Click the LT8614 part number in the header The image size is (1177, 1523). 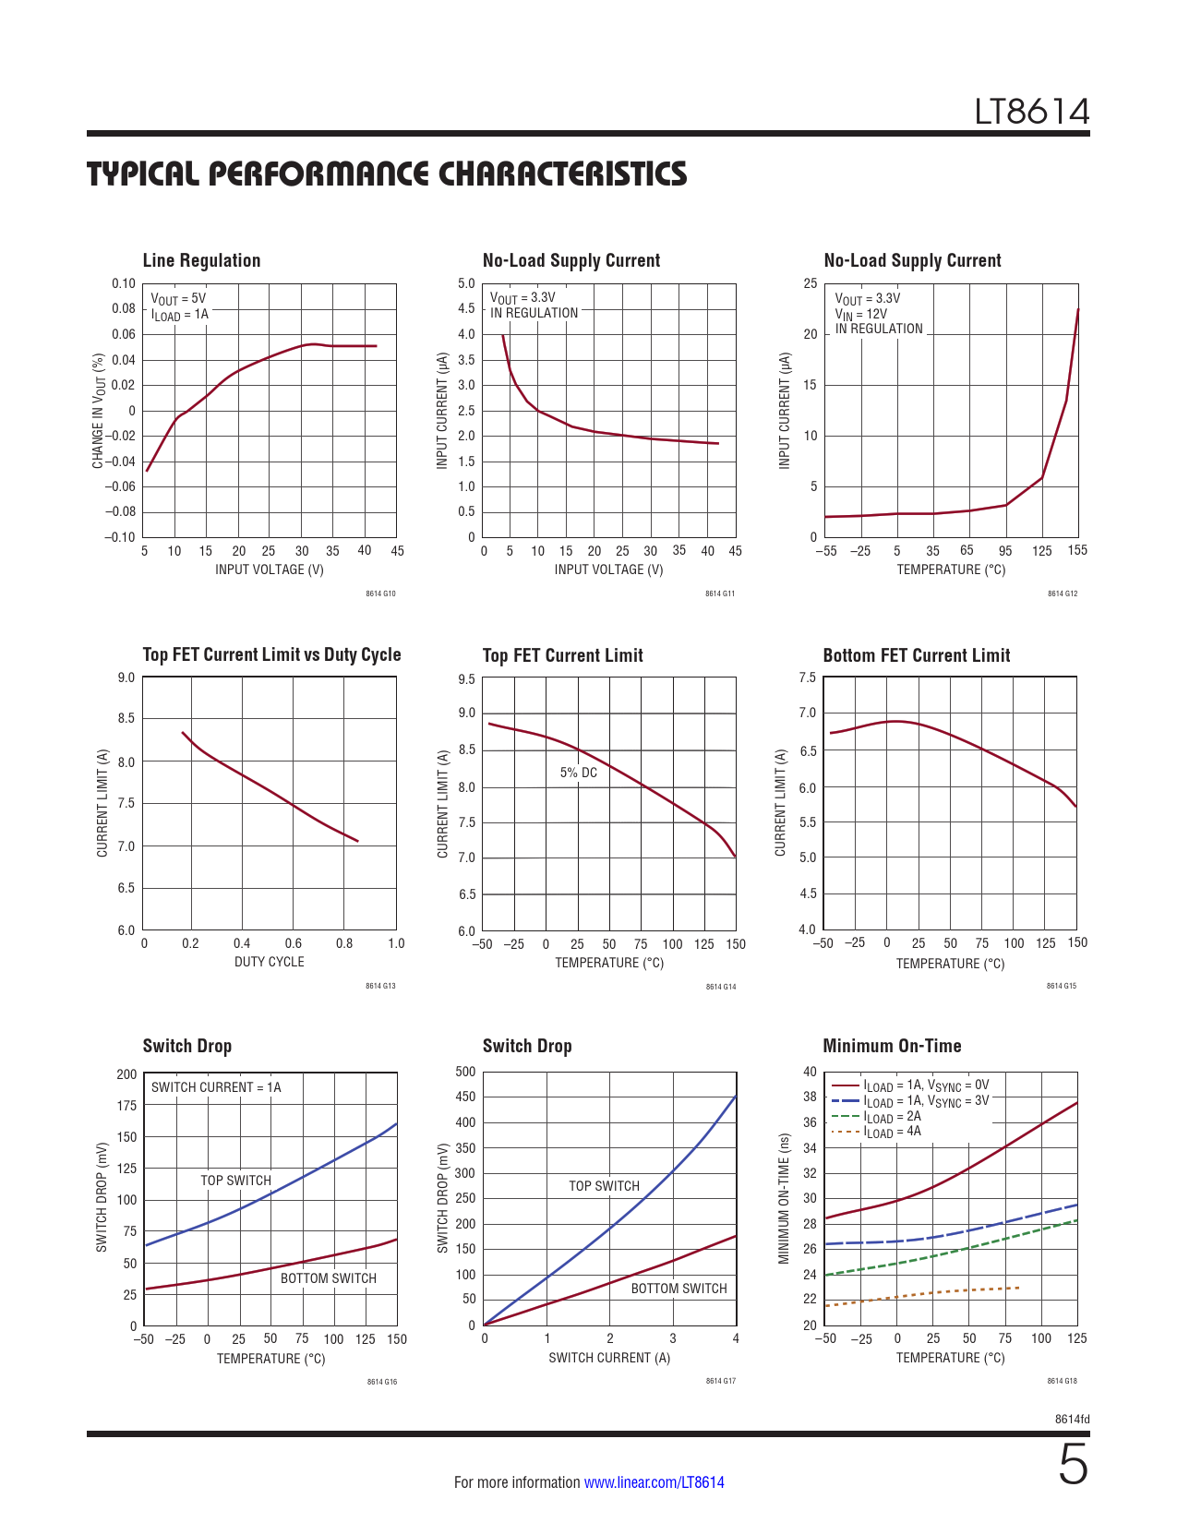point(1032,112)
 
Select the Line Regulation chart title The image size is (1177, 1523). point(201,260)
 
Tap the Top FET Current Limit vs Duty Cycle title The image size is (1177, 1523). point(271,654)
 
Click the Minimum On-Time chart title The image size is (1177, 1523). point(892,1046)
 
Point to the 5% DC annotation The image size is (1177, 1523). point(579,773)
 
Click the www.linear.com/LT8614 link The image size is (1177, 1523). point(654,1482)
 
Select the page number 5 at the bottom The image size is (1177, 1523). point(1073,1466)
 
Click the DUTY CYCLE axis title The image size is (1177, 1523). point(269,962)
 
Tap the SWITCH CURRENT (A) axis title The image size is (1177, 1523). point(609,1358)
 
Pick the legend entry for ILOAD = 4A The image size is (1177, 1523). point(892,1132)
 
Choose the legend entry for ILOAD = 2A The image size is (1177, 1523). point(892,1117)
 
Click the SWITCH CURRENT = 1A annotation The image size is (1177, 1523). point(216,1087)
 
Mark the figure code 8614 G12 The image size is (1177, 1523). point(1062,594)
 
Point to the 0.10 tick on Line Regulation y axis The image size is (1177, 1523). point(124,283)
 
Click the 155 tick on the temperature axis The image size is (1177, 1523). point(1077,550)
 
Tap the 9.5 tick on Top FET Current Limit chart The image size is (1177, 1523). point(466,679)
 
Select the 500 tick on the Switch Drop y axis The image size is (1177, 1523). point(466,1072)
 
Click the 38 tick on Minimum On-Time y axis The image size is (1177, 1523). point(810,1097)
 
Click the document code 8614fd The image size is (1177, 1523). point(1072,1419)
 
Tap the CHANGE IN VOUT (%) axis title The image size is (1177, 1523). point(99,410)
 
